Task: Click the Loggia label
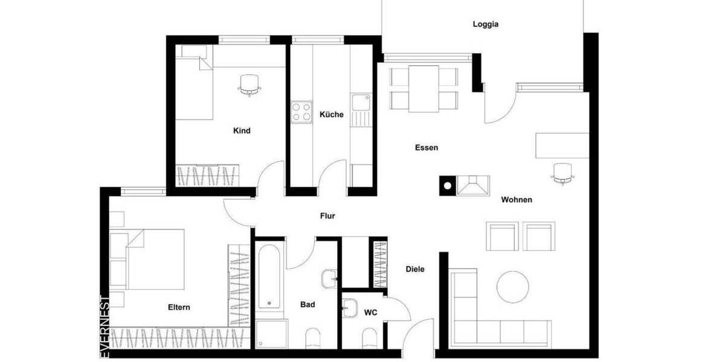click(485, 25)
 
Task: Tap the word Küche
click(332, 115)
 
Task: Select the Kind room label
click(242, 130)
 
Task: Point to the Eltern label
click(179, 307)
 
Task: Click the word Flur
click(327, 216)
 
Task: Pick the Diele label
click(414, 269)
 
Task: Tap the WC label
click(370, 313)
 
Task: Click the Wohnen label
click(517, 200)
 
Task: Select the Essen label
click(426, 147)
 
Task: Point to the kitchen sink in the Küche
click(361, 104)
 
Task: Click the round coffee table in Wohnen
click(512, 286)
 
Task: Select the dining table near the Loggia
click(424, 88)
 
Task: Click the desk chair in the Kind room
click(249, 84)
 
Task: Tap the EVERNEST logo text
click(105, 326)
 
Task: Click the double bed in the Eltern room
click(155, 258)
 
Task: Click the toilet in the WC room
click(370, 339)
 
